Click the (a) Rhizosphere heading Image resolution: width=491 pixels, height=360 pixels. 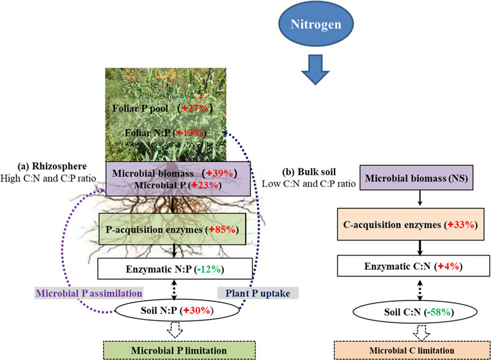click(55, 167)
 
